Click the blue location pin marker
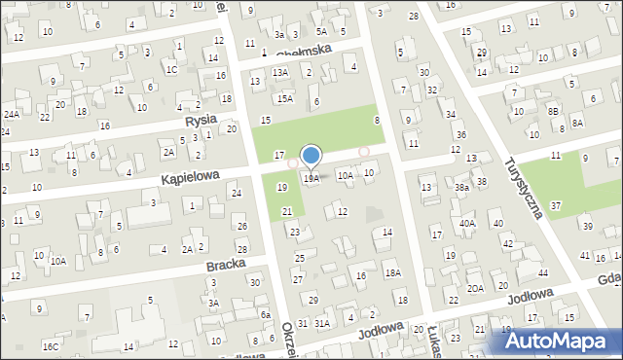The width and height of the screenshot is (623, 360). tap(311, 156)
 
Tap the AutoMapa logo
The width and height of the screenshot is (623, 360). tap(560, 340)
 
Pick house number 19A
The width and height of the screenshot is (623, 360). tap(311, 178)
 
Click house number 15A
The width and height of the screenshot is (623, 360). tap(284, 98)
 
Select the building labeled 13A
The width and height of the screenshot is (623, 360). tap(280, 72)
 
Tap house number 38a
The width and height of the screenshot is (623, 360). tap(461, 187)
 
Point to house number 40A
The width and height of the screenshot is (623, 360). tap(467, 223)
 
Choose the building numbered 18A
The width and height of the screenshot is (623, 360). tap(392, 273)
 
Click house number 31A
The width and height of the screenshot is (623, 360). tap(322, 322)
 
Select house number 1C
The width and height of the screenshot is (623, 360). tap(171, 69)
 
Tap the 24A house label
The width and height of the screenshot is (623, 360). tap(11, 115)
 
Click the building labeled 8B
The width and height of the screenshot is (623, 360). tap(553, 112)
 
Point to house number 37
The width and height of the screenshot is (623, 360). tap(555, 205)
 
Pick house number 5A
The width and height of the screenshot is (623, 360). tap(320, 31)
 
